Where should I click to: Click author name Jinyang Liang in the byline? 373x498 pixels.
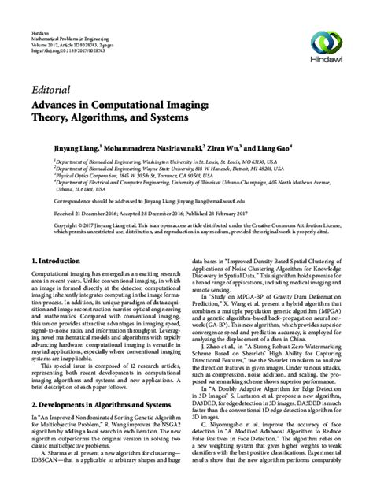pyautogui.click(x=77, y=147)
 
